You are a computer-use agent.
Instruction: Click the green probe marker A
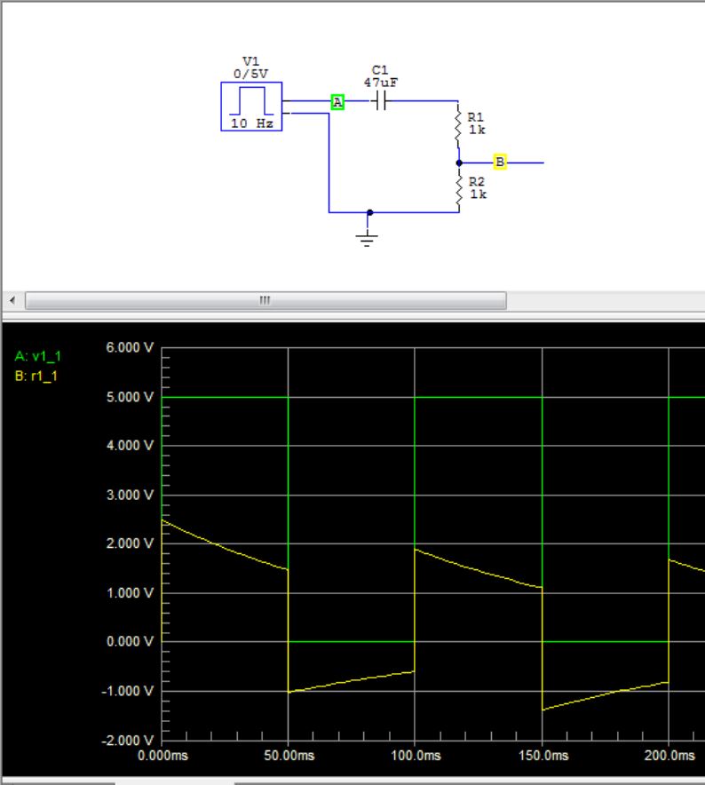coord(337,102)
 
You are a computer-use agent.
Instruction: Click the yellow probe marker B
coord(500,162)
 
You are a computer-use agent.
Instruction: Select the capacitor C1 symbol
coord(380,101)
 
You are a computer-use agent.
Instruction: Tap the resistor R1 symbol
coord(458,130)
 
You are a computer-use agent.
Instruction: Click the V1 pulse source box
coord(251,106)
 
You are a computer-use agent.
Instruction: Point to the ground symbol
coord(367,236)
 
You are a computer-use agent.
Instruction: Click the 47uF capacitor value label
coord(381,82)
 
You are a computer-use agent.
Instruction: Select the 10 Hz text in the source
coord(252,124)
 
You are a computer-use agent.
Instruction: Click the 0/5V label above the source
coord(250,73)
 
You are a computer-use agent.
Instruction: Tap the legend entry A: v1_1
coord(38,356)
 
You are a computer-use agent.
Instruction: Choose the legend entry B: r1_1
coord(38,376)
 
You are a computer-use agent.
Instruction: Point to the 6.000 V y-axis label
coord(130,347)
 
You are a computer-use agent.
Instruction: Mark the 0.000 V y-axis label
coord(130,641)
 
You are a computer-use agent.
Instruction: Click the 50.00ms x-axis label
coord(289,756)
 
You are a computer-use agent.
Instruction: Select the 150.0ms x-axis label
coord(542,756)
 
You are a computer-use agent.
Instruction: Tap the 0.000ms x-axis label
coord(162,756)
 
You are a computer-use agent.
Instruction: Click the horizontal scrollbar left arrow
coord(12,300)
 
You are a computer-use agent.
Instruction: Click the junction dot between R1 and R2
coord(458,163)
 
